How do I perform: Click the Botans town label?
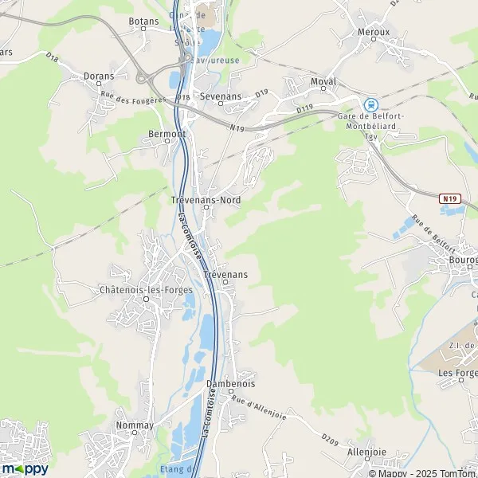click(143, 22)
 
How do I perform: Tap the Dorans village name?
click(99, 76)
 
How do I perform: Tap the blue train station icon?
click(370, 104)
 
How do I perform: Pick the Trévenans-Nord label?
click(206, 200)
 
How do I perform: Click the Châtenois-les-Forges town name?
click(147, 290)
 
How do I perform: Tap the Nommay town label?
click(135, 425)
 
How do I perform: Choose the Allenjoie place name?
click(367, 452)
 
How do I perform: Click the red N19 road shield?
click(450, 198)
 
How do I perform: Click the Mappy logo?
click(24, 468)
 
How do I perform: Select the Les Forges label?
click(456, 373)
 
